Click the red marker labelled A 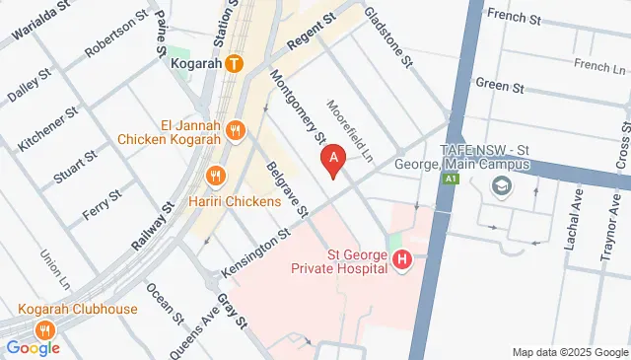click(x=333, y=159)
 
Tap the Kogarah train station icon click(x=234, y=65)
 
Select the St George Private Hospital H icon click(x=402, y=260)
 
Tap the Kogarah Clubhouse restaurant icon click(x=43, y=329)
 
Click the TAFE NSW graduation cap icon click(x=503, y=186)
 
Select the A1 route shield click(x=450, y=179)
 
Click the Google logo click(x=33, y=347)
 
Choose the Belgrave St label click(x=287, y=191)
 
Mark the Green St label click(x=492, y=85)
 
